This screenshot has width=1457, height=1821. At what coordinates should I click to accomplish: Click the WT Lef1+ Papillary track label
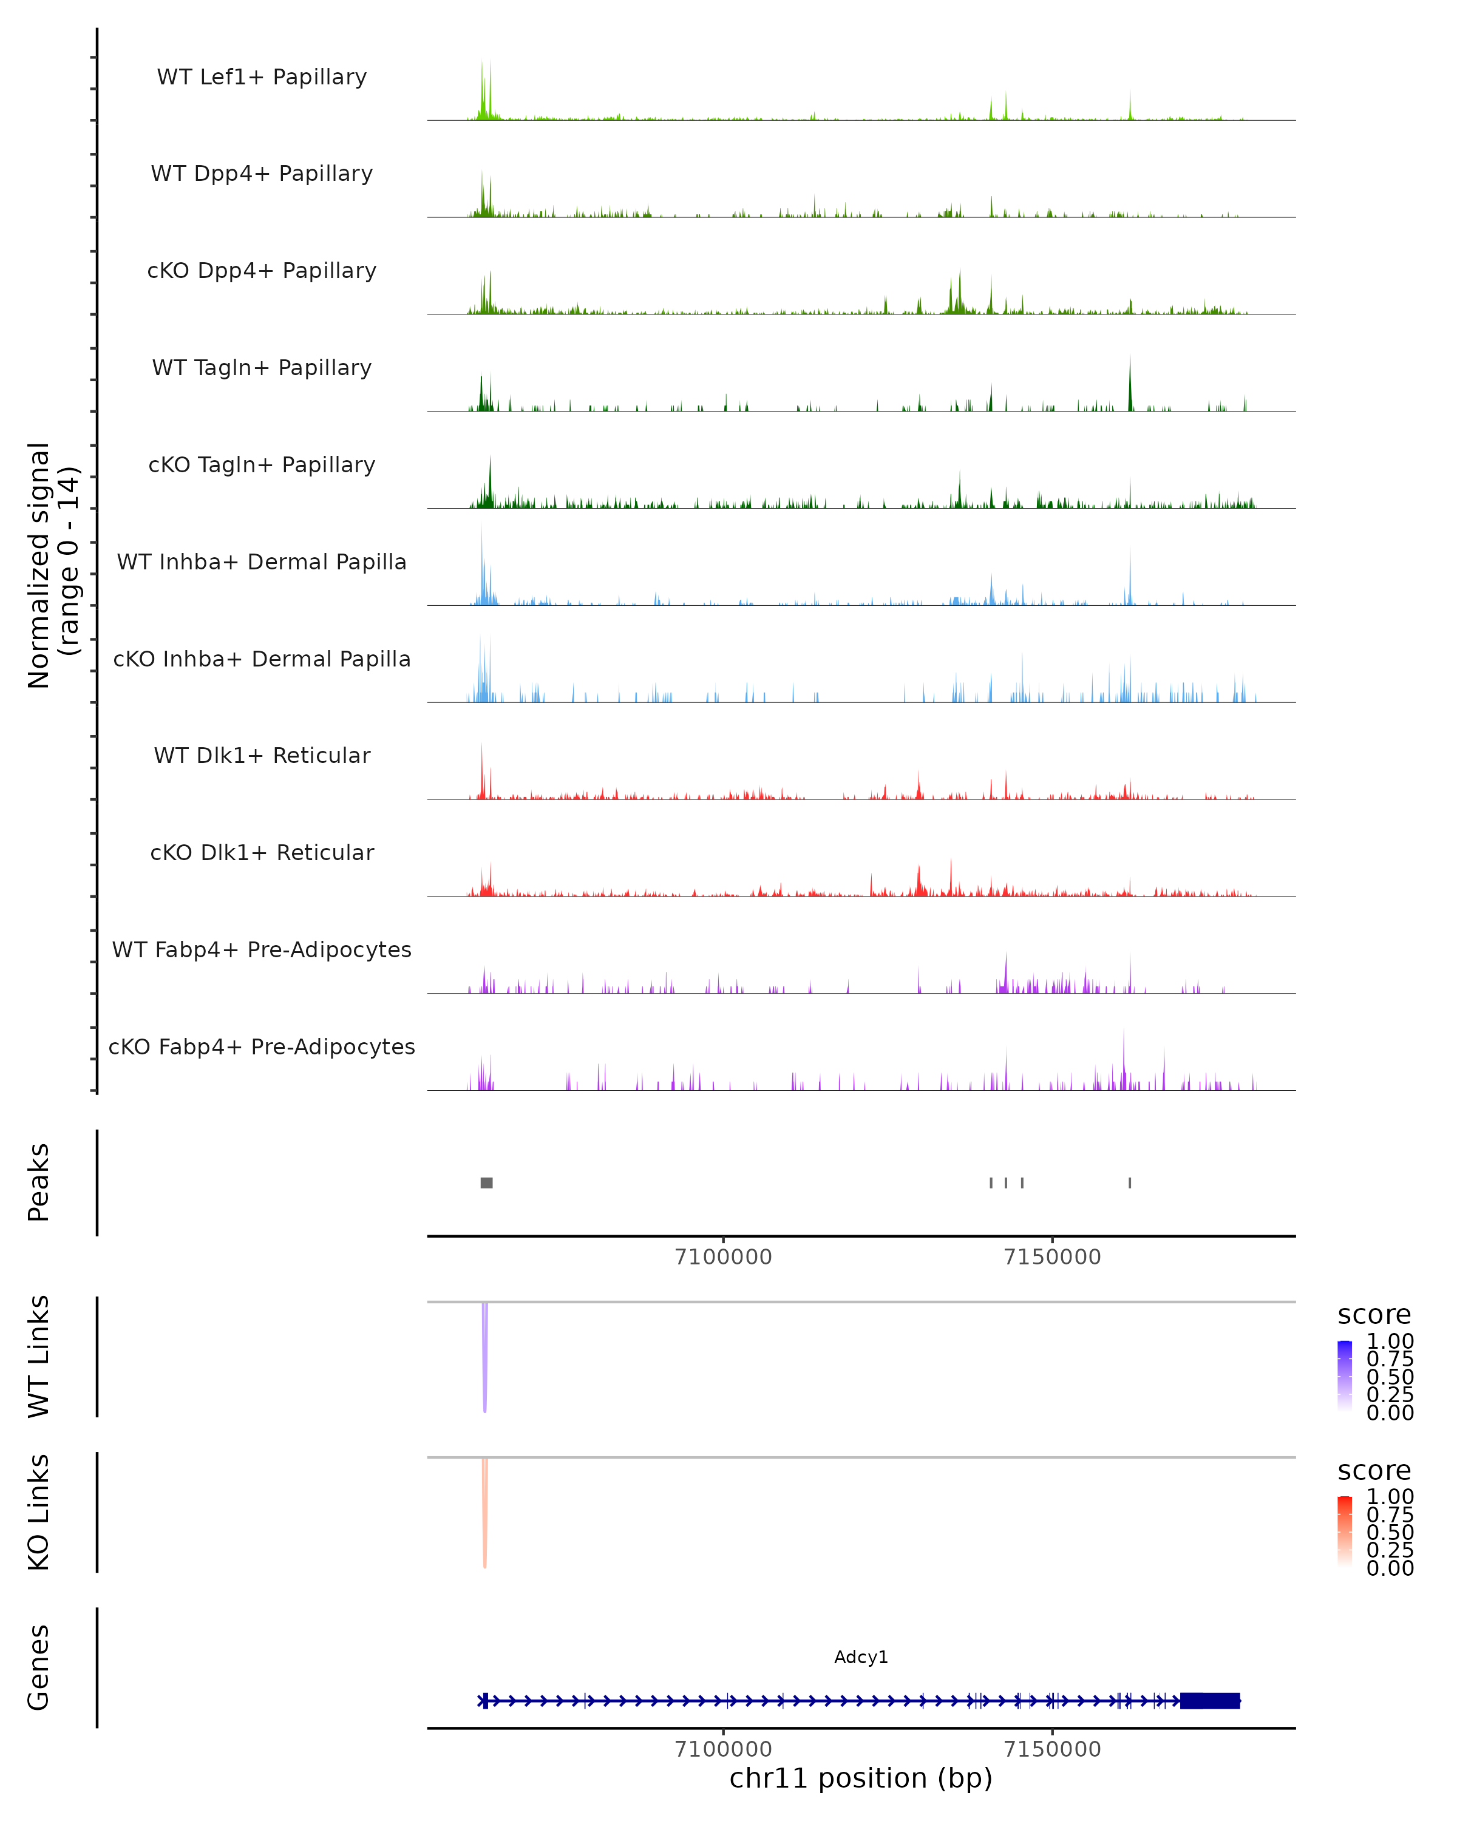point(262,77)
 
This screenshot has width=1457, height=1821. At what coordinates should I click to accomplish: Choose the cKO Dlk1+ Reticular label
point(262,852)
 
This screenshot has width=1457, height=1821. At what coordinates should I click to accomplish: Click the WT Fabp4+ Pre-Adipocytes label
point(262,949)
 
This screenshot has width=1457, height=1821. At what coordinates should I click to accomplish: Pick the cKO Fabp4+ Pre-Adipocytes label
point(262,1046)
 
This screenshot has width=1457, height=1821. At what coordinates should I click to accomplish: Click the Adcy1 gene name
point(861,1657)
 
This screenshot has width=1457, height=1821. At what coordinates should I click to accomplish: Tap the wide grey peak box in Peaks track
point(486,1182)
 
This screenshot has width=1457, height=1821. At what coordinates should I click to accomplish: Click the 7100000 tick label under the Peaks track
point(723,1258)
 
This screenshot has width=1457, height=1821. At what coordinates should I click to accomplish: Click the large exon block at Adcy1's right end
point(1209,1701)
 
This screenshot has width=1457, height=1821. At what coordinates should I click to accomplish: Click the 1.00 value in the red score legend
point(1390,1497)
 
